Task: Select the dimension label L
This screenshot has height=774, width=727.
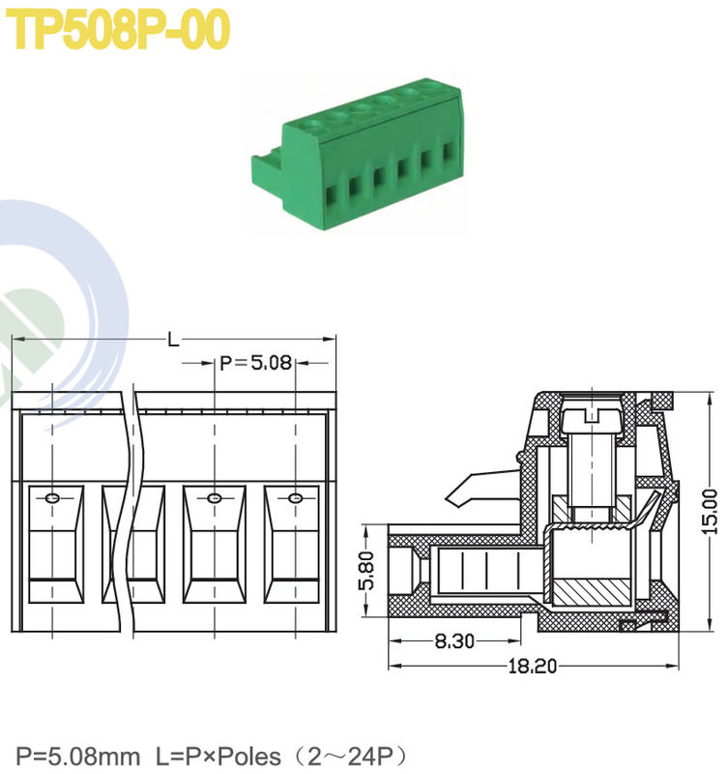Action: pyautogui.click(x=173, y=340)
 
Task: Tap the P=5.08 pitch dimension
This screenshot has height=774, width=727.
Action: pyautogui.click(x=255, y=364)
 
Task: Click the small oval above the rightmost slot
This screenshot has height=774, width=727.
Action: pyautogui.click(x=295, y=498)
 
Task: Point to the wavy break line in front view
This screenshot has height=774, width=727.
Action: pyautogui.click(x=130, y=503)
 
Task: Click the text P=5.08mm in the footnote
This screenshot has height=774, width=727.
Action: pyautogui.click(x=77, y=755)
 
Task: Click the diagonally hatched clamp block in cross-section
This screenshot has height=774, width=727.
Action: pyautogui.click(x=590, y=589)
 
